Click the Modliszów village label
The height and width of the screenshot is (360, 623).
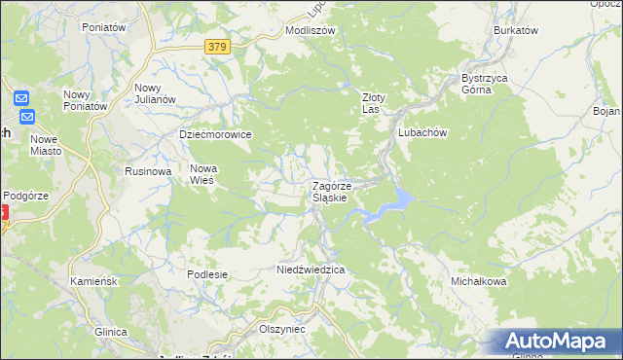click(310, 30)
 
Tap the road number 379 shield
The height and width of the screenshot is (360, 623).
click(218, 45)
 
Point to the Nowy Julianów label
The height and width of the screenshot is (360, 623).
click(154, 93)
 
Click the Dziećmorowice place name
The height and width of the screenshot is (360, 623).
click(215, 134)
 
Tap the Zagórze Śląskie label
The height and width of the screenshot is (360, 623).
click(338, 191)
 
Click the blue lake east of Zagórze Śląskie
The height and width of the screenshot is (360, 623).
click(394, 202)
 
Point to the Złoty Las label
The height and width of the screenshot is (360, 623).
click(375, 103)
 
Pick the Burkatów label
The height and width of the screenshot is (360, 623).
click(516, 30)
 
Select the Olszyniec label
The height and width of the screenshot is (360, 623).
click(282, 329)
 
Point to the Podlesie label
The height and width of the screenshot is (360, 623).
click(207, 274)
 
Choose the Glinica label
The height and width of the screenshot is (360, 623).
click(111, 332)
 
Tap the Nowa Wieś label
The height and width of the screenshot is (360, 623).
click(203, 173)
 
